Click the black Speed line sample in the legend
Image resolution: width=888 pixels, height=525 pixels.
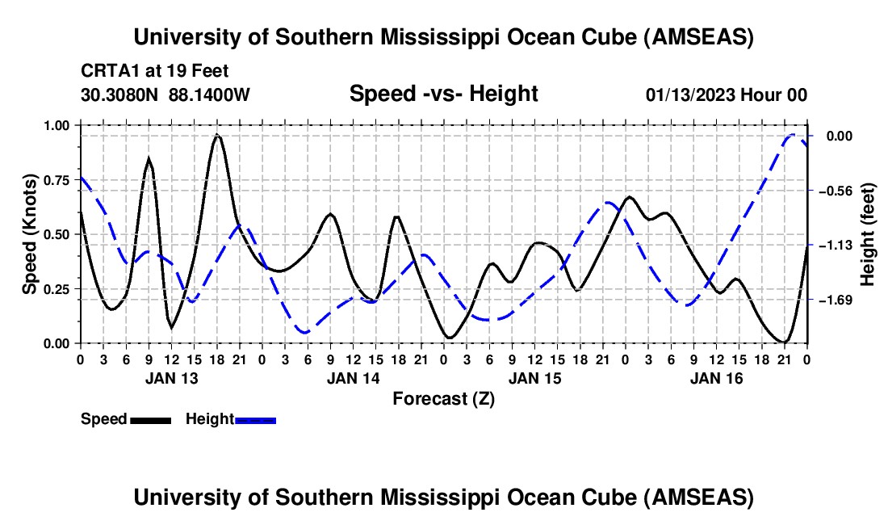150,420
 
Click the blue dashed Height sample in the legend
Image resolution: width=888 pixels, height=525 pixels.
255,420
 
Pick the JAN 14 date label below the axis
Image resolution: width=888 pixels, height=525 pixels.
353,378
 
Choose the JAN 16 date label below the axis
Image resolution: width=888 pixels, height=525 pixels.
716,378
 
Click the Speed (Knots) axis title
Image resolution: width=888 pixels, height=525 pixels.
29,234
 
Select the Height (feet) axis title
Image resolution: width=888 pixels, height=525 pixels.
868,234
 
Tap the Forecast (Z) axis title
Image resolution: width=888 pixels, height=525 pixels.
443,398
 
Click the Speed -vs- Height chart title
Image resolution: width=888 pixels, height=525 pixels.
443,94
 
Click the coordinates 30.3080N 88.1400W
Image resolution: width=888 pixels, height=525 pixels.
165,94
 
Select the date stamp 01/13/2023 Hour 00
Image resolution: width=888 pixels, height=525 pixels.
727,94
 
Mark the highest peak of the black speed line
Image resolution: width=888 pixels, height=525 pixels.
217,135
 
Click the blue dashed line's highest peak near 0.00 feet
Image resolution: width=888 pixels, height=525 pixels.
794,135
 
